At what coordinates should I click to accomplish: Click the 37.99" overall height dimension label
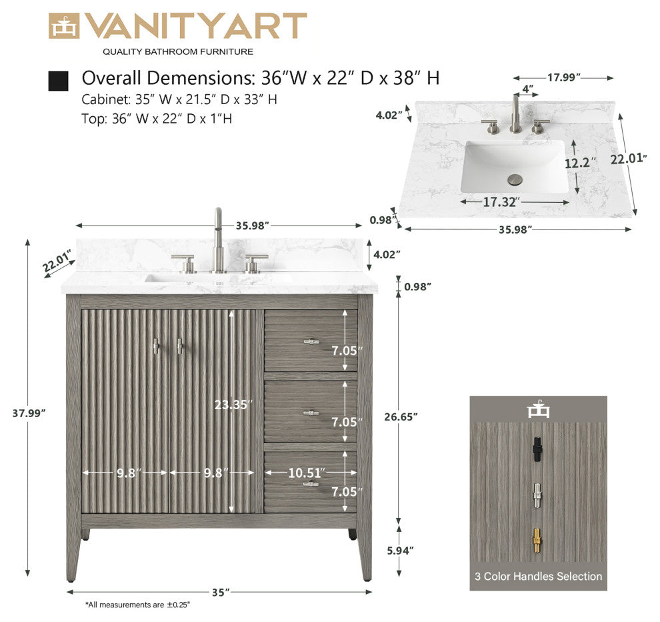click(x=29, y=413)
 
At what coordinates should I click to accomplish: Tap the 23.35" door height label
click(x=233, y=404)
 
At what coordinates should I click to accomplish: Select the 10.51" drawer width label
click(x=307, y=473)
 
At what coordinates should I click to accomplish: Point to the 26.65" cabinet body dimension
click(x=401, y=416)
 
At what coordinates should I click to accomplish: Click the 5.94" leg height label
click(x=400, y=551)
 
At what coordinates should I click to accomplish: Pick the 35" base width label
click(x=221, y=592)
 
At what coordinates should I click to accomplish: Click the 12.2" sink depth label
click(x=581, y=163)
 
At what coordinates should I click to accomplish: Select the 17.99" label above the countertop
click(x=563, y=77)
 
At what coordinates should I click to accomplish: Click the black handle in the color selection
click(x=537, y=450)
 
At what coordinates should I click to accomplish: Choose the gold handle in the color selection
click(x=537, y=541)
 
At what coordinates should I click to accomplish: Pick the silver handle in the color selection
click(x=537, y=495)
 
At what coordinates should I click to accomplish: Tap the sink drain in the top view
click(x=515, y=179)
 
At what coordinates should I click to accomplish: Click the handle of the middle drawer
click(x=311, y=413)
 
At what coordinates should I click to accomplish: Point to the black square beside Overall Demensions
click(x=58, y=81)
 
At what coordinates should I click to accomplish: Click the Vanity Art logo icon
click(x=64, y=26)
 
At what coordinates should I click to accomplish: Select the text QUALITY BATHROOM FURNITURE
click(x=178, y=52)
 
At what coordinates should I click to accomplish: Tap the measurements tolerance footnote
click(x=137, y=605)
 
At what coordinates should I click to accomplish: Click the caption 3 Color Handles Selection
click(x=539, y=576)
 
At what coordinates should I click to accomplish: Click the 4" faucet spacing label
click(x=528, y=89)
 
